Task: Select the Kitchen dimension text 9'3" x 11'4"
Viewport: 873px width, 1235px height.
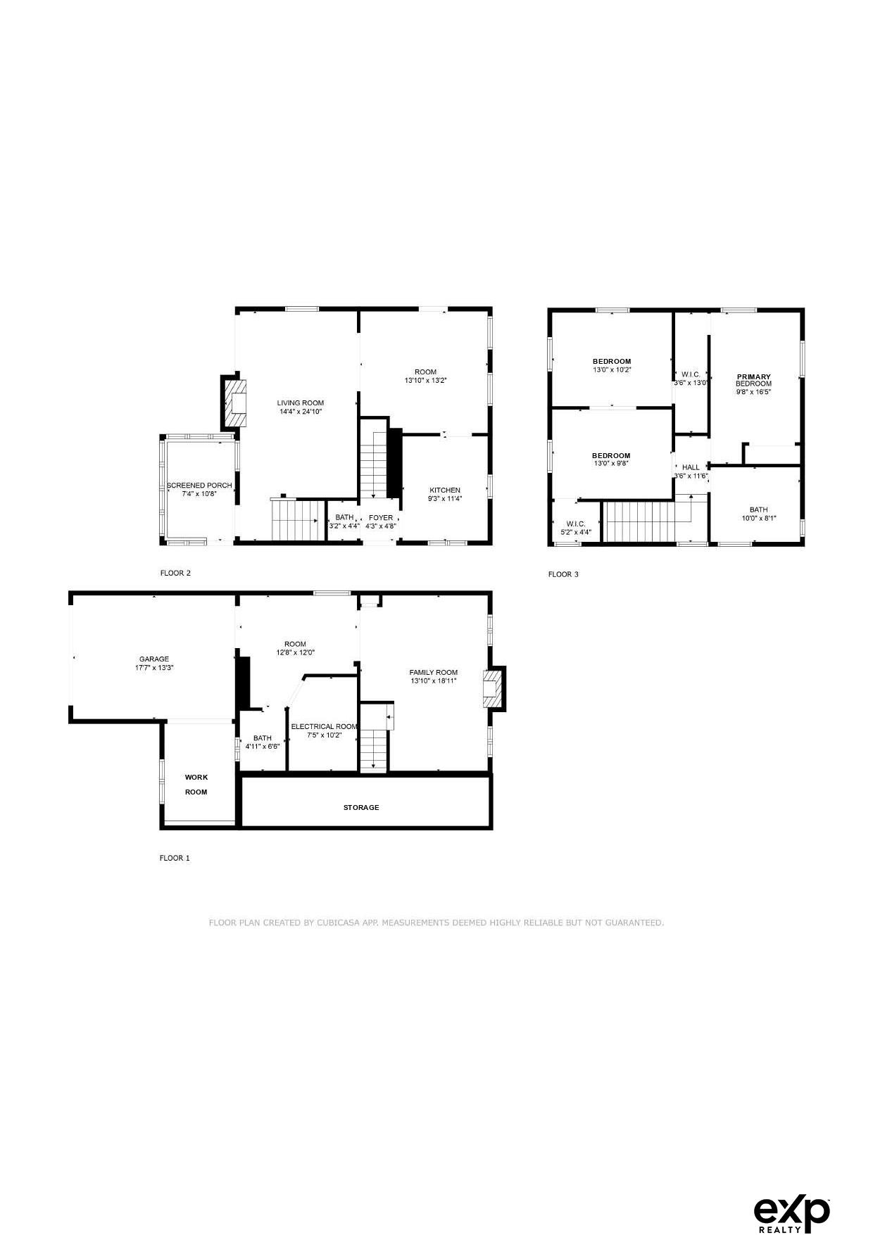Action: [x=445, y=499]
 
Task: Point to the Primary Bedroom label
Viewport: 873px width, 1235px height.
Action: [x=754, y=380]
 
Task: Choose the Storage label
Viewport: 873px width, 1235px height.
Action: [x=361, y=808]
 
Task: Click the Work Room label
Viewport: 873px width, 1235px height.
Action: [x=196, y=785]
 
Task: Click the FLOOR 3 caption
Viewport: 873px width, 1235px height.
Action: [x=563, y=574]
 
